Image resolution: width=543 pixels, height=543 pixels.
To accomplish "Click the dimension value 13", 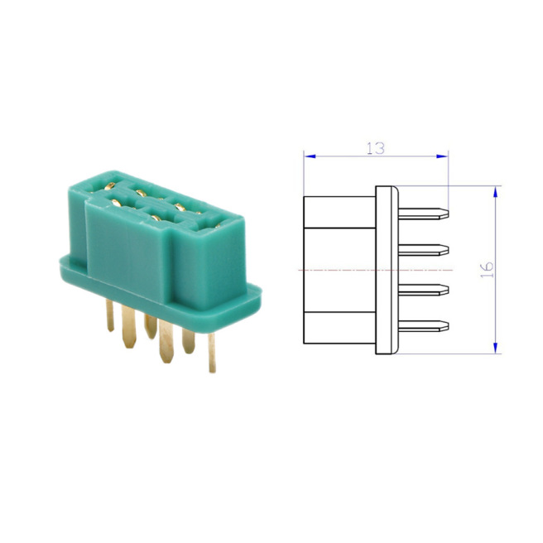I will tap(376, 147).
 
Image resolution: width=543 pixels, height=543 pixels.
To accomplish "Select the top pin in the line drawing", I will tap(424, 213).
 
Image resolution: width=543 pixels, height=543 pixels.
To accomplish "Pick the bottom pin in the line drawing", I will tap(424, 326).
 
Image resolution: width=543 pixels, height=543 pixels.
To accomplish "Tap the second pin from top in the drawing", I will tap(424, 249).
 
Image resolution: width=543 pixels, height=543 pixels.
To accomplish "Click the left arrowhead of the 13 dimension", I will tap(308, 156).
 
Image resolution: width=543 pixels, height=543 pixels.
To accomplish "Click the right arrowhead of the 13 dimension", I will tap(444, 156).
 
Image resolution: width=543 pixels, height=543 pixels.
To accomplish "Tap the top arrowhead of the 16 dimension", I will tap(495, 190).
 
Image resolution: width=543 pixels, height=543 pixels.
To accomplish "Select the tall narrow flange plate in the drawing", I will tap(387, 270).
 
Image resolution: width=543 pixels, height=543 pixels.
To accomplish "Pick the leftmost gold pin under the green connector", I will tap(110, 315).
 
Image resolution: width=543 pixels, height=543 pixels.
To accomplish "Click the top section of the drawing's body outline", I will tap(339, 212).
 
